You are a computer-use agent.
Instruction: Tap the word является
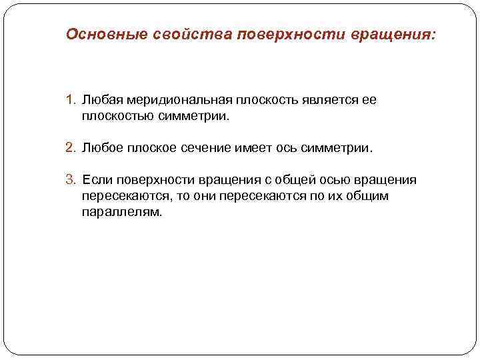(331, 101)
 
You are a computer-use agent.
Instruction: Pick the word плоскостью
(115, 117)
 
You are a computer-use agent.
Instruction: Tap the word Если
(95, 181)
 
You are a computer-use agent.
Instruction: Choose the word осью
(339, 181)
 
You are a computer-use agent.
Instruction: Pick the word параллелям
(122, 213)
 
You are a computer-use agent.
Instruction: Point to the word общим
(364, 197)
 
